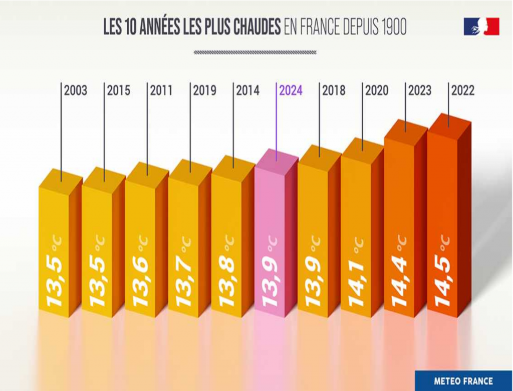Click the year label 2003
pyautogui.click(x=76, y=91)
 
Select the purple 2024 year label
pyautogui.click(x=291, y=91)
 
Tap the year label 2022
pyautogui.click(x=463, y=91)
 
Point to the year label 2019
pyautogui.click(x=204, y=91)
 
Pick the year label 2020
pyautogui.click(x=377, y=91)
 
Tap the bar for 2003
pyautogui.click(x=54, y=246)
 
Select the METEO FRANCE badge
pyautogui.click(x=463, y=380)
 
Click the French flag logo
pyautogui.click(x=481, y=26)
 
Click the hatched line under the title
pyautogui.click(x=255, y=52)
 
